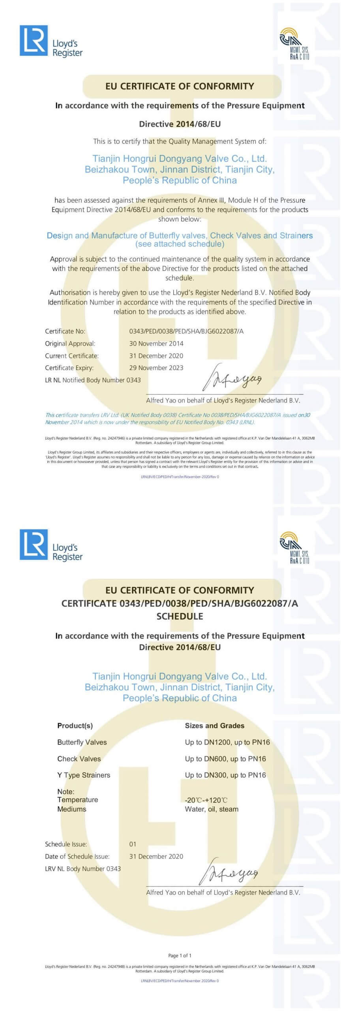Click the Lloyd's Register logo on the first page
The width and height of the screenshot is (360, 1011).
(51, 41)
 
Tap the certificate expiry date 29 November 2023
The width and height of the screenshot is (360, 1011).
(156, 368)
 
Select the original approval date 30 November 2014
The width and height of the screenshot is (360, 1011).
(156, 344)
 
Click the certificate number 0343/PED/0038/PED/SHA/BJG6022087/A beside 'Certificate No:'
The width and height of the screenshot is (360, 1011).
(186, 331)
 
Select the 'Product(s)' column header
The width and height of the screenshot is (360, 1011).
(75, 725)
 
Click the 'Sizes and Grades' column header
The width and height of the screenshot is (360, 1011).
(214, 725)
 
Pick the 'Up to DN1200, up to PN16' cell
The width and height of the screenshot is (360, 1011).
(227, 742)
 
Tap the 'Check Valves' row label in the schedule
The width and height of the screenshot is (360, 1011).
(79, 759)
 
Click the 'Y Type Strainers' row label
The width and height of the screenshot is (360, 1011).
(84, 775)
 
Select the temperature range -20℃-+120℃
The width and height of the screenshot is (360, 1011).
(206, 800)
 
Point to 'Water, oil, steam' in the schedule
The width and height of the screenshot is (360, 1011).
(212, 809)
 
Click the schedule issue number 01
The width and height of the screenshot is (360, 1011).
(133, 844)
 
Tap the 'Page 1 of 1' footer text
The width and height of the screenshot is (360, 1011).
(180, 955)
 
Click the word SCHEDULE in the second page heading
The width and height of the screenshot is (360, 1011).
(180, 616)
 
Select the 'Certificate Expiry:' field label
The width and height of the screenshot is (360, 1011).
(69, 368)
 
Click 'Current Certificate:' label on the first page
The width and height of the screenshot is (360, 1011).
(71, 356)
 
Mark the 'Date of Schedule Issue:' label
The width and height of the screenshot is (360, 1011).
(77, 856)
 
